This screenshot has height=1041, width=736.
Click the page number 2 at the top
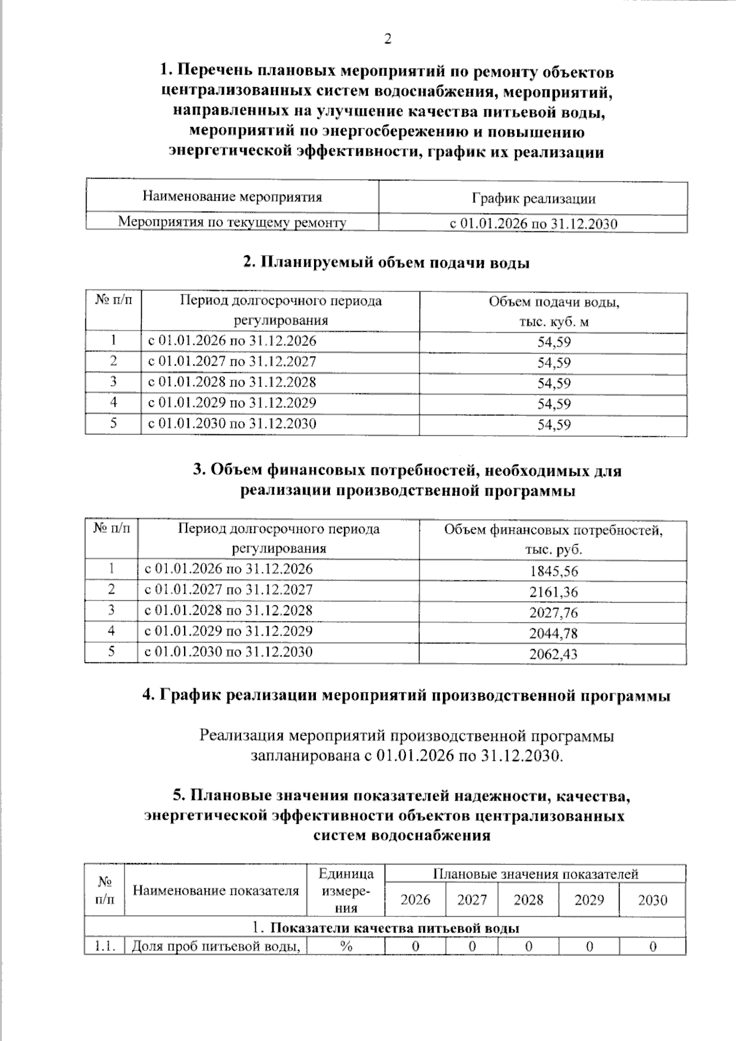click(387, 40)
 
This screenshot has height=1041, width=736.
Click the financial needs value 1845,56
click(553, 571)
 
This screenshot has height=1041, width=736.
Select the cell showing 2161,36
click(553, 592)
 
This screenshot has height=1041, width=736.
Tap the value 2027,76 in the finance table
click(553, 612)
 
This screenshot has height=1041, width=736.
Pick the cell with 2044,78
click(553, 633)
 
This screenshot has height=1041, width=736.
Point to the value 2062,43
click(553, 654)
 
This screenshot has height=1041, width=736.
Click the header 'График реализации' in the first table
click(533, 199)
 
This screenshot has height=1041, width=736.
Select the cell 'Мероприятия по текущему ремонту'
click(232, 222)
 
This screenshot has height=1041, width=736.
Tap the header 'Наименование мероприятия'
click(232, 197)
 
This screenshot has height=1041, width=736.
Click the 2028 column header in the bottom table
click(528, 900)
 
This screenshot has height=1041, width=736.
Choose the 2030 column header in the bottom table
click(652, 900)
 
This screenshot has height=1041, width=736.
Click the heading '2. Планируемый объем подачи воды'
click(386, 263)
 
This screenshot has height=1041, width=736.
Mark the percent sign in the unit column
click(346, 946)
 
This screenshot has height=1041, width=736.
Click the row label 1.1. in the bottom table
click(105, 946)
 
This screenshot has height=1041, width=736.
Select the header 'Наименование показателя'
click(215, 891)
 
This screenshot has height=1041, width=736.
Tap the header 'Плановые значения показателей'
click(535, 874)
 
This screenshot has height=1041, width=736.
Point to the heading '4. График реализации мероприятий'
click(405, 696)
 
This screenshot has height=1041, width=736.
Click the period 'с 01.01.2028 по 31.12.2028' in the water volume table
click(232, 382)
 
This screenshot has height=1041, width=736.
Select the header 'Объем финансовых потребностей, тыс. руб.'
click(553, 539)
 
